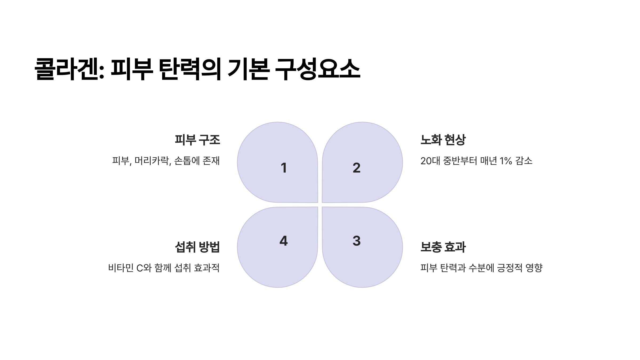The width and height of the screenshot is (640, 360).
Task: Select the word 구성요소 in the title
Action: pos(317,69)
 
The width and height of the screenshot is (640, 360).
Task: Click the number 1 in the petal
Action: pos(284,168)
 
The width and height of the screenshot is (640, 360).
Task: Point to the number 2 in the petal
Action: pos(357,168)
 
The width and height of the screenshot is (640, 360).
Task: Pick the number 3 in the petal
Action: pos(357,241)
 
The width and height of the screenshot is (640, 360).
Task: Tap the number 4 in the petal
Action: pos(283,241)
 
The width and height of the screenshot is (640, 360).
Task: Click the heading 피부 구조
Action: pos(197,140)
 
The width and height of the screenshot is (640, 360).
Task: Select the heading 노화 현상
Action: pos(443,140)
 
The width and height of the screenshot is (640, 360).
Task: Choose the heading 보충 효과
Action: pos(443,247)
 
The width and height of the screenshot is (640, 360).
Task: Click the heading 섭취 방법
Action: pos(197,247)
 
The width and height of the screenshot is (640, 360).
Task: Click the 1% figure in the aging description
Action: pos(506,161)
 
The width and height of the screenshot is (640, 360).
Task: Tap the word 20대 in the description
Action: pos(430,161)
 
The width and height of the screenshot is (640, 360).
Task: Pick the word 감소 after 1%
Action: pos(524,161)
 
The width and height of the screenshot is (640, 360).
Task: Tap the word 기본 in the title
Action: pos(248,69)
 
